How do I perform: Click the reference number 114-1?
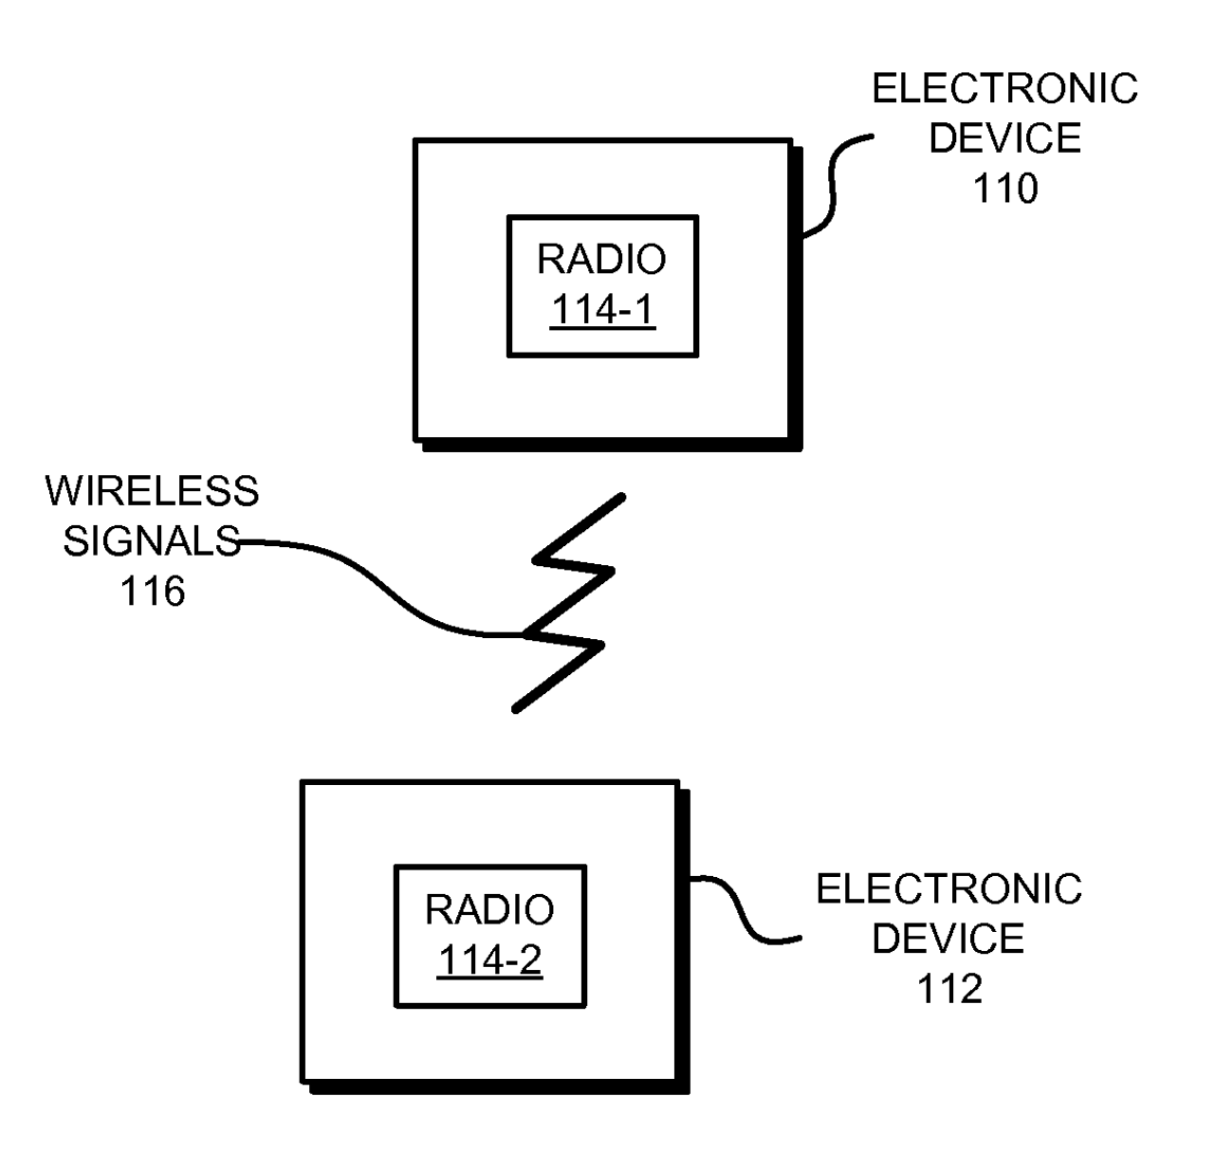coord(601,309)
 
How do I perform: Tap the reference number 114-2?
coord(489,959)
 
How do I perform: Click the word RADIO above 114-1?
coord(601,259)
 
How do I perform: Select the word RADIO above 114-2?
coord(488,909)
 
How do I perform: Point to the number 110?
coord(1005,188)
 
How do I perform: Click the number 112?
coord(949,989)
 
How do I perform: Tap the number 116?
coord(152,591)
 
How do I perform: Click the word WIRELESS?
coord(152,491)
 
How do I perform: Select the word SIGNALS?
coord(152,540)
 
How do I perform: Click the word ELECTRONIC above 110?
coord(1005,88)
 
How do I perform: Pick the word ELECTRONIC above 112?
coord(949,888)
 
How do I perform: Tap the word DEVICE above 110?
coord(1005,137)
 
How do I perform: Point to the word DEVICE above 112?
coord(949,939)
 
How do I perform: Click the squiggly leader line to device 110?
coord(832,186)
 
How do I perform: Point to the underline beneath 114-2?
coord(489,978)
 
